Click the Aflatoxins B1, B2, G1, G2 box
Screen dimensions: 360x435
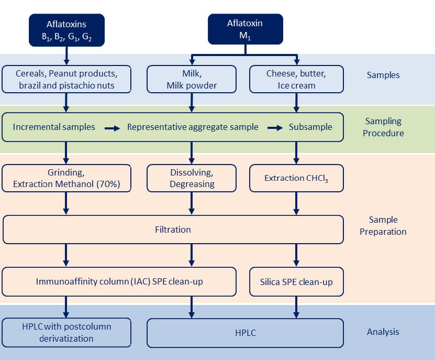point(66,30)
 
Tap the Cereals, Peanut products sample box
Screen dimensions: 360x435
point(66,79)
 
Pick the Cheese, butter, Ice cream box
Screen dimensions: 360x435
point(296,79)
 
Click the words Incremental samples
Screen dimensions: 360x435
point(54,127)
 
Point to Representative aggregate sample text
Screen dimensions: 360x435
point(193,127)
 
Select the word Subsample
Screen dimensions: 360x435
point(310,127)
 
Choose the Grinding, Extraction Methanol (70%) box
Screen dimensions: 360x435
point(66,178)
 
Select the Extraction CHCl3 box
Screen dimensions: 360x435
point(296,178)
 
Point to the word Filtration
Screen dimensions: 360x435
point(173,230)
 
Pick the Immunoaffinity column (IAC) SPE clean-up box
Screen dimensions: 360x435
point(119,282)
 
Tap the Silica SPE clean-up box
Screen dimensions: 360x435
point(296,282)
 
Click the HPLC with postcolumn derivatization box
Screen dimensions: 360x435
point(66,332)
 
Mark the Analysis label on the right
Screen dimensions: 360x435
point(383,332)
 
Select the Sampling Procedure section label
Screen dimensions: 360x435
point(383,127)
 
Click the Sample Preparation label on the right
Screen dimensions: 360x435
point(383,225)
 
